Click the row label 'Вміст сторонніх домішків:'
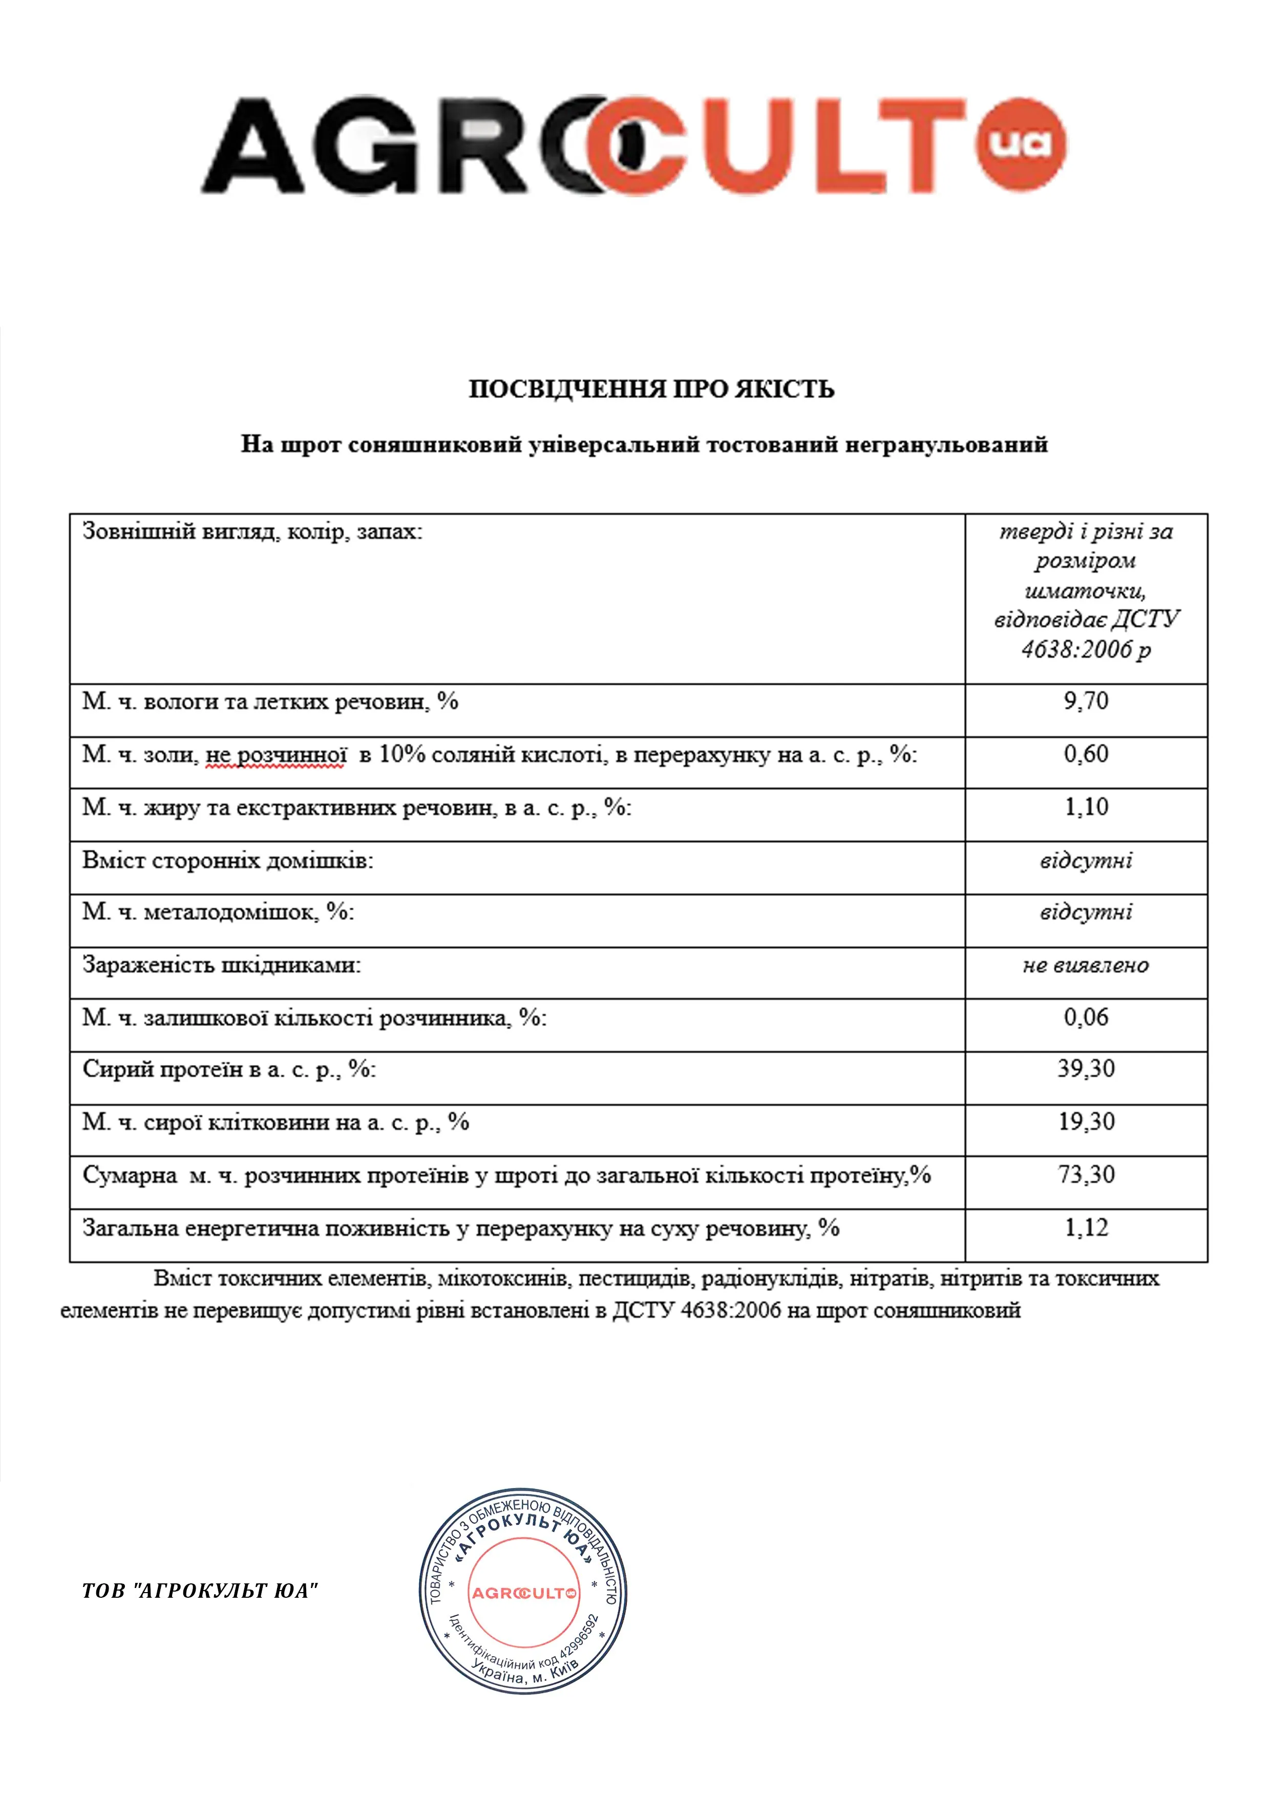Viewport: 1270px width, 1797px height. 228,861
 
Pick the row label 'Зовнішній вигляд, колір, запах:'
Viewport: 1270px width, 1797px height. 252,532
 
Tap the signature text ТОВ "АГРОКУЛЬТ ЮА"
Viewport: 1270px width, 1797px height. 200,1591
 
